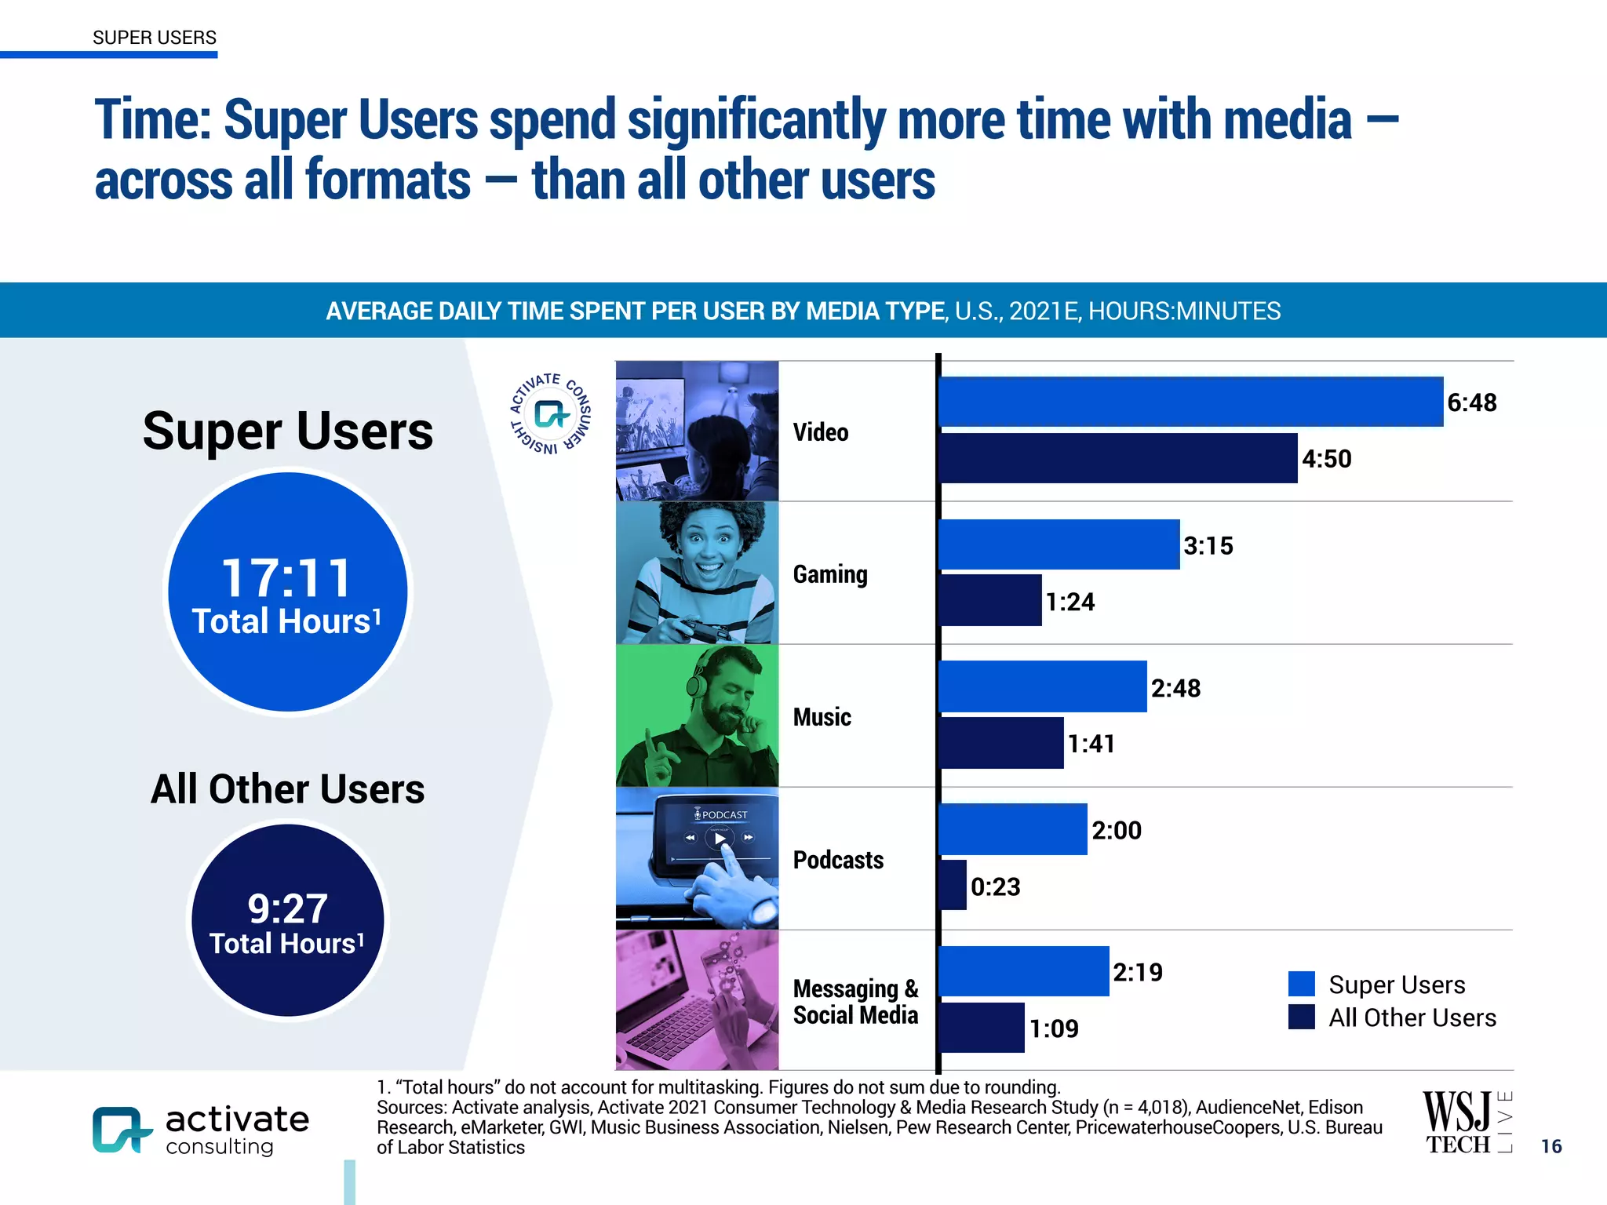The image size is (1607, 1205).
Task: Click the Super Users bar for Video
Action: point(1190,402)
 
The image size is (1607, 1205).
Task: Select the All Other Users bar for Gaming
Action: point(991,601)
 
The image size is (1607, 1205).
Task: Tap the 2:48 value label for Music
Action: point(1175,688)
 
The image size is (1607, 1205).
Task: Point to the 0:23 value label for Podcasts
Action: point(995,886)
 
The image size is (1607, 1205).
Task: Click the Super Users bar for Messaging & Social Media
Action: point(1024,971)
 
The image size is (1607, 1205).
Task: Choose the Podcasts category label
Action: point(838,860)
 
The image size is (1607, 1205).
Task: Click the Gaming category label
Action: point(830,574)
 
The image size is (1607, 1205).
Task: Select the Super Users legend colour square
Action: point(1301,984)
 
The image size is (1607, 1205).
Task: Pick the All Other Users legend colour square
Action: point(1301,1017)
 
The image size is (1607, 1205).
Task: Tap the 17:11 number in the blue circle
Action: point(287,578)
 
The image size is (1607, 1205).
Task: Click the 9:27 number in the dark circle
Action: point(287,908)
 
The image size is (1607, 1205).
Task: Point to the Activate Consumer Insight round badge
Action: point(551,413)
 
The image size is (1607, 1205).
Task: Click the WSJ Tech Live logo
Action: point(1467,1123)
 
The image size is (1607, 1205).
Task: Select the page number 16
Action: point(1551,1146)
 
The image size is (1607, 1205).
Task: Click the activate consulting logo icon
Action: point(120,1130)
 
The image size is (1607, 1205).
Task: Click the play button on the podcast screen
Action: point(719,838)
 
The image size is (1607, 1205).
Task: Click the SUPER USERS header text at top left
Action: point(155,38)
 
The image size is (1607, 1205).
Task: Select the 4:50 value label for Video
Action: point(1326,459)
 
